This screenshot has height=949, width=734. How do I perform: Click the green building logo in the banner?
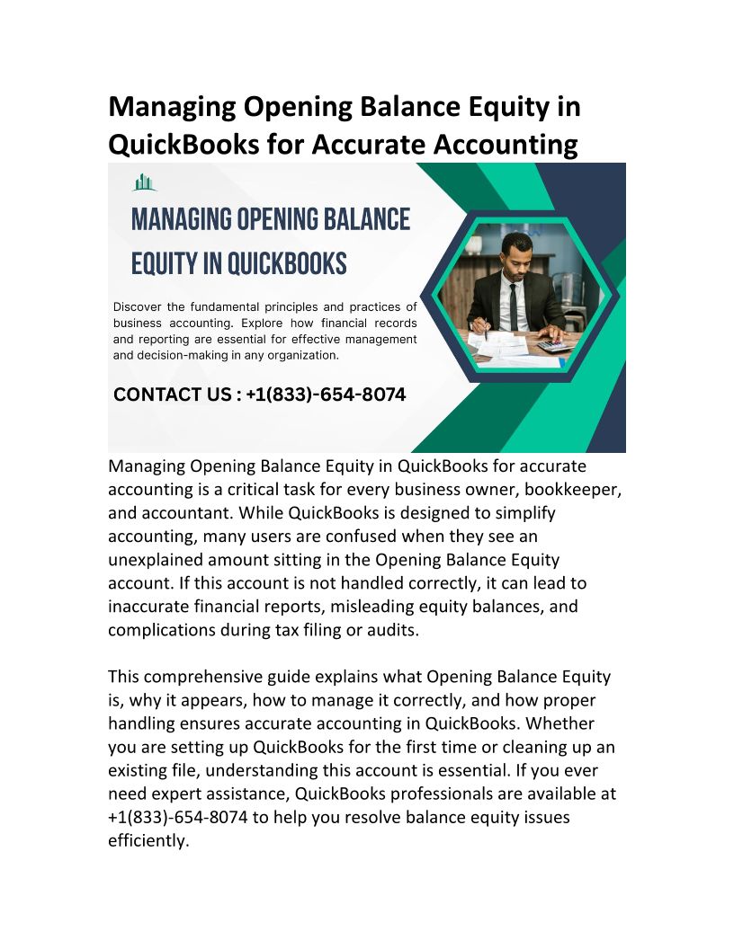(x=144, y=182)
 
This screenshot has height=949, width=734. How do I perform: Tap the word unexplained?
(x=158, y=560)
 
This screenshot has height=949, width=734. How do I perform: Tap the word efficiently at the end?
(x=148, y=840)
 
